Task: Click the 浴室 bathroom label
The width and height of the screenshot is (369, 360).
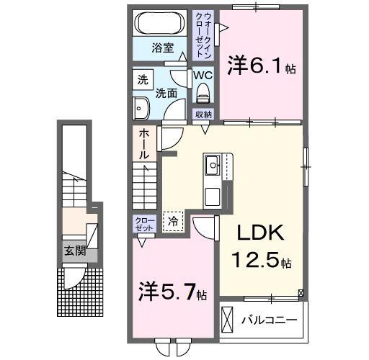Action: click(x=162, y=48)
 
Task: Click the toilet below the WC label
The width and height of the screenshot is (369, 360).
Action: click(x=202, y=91)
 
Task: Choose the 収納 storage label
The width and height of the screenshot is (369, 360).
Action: click(x=203, y=114)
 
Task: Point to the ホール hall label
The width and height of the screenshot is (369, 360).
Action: click(x=144, y=144)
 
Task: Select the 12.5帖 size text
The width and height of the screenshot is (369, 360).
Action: click(x=262, y=260)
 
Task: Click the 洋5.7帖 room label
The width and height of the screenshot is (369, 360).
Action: click(x=173, y=293)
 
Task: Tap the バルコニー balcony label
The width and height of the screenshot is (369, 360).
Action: click(x=273, y=318)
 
